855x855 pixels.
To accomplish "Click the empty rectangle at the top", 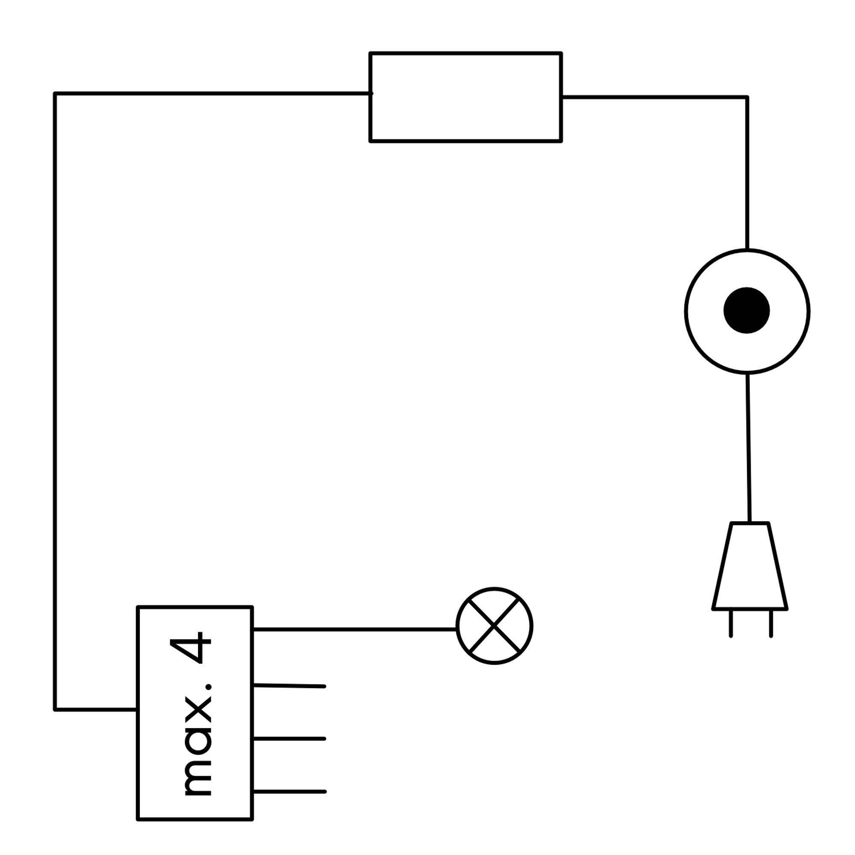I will pyautogui.click(x=466, y=97).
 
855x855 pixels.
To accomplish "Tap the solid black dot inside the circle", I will pyautogui.click(x=746, y=310).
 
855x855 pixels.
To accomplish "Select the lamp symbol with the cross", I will pyautogui.click(x=494, y=625).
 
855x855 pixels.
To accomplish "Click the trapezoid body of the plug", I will pyautogui.click(x=750, y=566).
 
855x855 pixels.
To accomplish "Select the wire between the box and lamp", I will pyautogui.click(x=354, y=628).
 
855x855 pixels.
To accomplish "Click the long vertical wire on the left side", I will pyautogui.click(x=55, y=398).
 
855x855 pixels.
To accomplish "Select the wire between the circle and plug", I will pyautogui.click(x=749, y=447).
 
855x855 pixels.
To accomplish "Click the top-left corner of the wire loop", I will pyautogui.click(x=55, y=93).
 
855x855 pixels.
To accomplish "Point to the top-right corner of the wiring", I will pyautogui.click(x=747, y=97).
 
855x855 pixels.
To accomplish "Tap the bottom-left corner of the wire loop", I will pyautogui.click(x=55, y=710).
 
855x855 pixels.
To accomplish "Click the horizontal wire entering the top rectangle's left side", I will pyautogui.click(x=212, y=93).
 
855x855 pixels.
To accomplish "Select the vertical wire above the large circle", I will pyautogui.click(x=747, y=173).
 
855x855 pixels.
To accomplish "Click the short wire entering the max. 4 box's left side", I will pyautogui.click(x=96, y=710).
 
